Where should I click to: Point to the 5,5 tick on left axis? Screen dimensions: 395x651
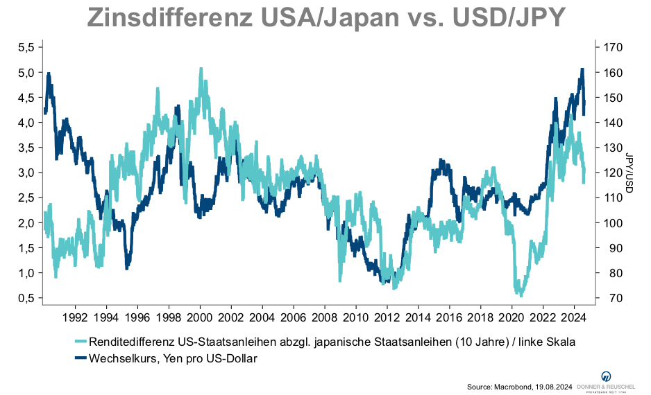26,47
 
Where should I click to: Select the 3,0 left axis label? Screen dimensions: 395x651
26,173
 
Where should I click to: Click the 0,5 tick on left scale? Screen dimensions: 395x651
26,298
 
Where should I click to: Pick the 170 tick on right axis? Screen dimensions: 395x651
614,47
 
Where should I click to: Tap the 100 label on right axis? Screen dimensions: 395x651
614,223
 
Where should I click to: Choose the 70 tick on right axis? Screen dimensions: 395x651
611,298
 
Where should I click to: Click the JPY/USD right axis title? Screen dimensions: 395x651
630,173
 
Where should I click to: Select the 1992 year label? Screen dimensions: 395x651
75,319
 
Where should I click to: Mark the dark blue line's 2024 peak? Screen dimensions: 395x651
582,69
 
